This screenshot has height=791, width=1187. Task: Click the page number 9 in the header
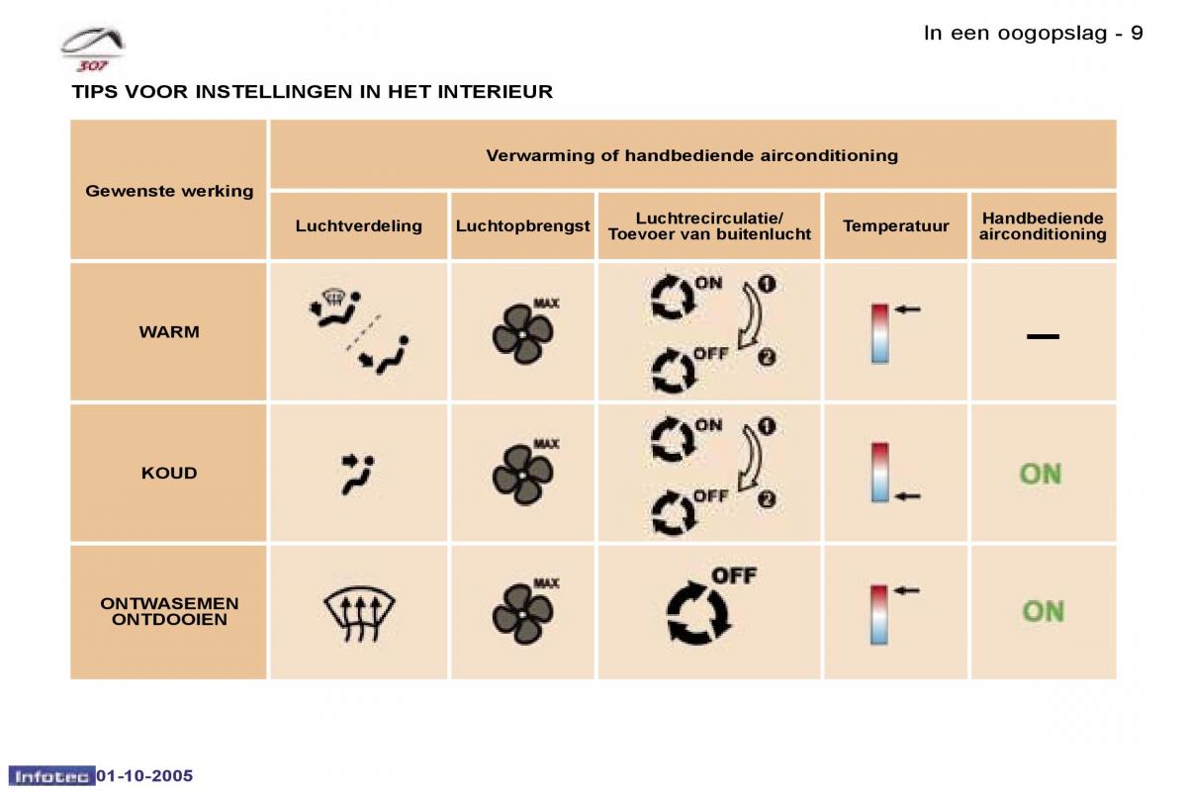click(x=1137, y=33)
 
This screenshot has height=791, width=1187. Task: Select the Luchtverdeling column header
click(x=358, y=226)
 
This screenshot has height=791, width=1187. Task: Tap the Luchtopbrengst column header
click(x=522, y=226)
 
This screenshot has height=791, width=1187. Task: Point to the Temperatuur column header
click(x=895, y=226)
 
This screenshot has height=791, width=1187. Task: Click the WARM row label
click(x=169, y=332)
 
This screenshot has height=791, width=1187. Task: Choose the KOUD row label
click(x=169, y=473)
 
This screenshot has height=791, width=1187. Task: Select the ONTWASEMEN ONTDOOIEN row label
click(x=169, y=612)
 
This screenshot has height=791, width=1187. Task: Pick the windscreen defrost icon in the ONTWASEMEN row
click(x=358, y=614)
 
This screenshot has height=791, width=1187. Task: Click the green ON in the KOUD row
click(x=1041, y=475)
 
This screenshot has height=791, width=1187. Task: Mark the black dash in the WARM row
click(x=1043, y=337)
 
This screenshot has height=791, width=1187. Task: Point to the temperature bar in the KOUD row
click(x=879, y=473)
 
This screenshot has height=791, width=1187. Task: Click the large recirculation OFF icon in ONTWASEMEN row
click(x=699, y=612)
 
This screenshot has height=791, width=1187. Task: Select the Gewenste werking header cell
click(x=169, y=192)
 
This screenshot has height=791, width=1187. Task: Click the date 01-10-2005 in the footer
click(x=144, y=775)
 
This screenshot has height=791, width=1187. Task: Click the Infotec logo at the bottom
click(x=51, y=776)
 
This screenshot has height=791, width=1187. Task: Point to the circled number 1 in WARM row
click(x=767, y=284)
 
